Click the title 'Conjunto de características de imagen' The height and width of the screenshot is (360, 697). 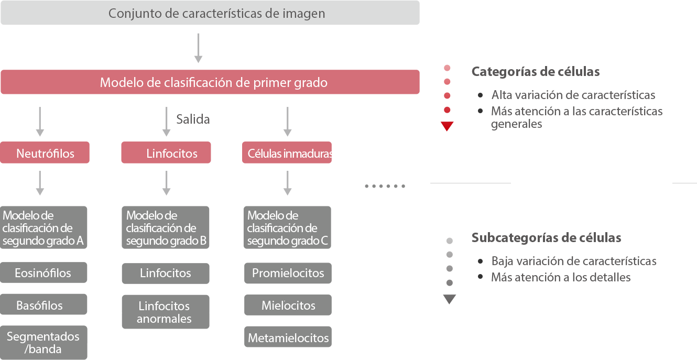click(216, 14)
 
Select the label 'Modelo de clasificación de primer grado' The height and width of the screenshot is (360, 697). click(213, 83)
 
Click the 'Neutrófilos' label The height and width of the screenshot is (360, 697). click(45, 154)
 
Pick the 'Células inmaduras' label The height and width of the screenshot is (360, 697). click(290, 154)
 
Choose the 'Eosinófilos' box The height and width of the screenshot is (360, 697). click(43, 273)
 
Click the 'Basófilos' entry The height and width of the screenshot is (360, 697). click(39, 306)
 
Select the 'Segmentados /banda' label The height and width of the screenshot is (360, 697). click(43, 343)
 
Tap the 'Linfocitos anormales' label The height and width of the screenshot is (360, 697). click(164, 312)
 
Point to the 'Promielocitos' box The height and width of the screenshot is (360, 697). click(288, 273)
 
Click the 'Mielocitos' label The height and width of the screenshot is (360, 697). click(288, 306)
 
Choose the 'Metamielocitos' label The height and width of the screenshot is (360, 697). click(288, 338)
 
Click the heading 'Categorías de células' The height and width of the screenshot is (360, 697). click(536, 72)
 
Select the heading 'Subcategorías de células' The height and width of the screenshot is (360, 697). click(546, 238)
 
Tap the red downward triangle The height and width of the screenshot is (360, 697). click(447, 126)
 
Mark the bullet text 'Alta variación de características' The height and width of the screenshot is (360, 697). click(573, 95)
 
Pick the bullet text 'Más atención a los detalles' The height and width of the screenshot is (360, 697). click(561, 278)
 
